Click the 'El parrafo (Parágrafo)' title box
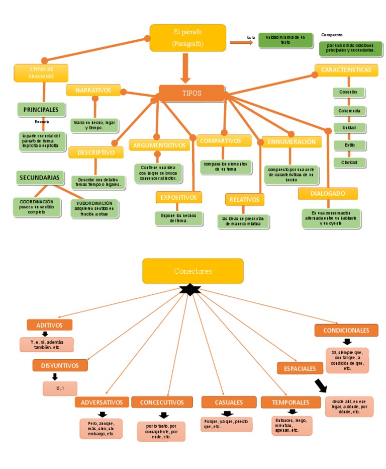coord(187,38)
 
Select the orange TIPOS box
coord(191,93)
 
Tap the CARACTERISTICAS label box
coord(346,70)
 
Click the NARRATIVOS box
coord(93,90)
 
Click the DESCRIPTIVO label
coord(96,152)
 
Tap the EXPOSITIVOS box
coord(179,197)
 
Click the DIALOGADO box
coord(328,193)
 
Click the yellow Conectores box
coord(192,271)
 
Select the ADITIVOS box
coord(49,325)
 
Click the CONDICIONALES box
coord(346,330)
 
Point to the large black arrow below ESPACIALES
coord(320,385)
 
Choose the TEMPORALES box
coord(291,402)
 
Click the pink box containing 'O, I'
coord(60,388)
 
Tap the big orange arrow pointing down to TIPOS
coord(186,67)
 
